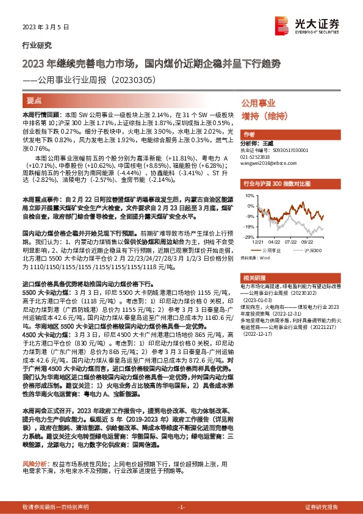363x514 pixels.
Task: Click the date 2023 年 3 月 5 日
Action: pyautogui.click(x=42, y=27)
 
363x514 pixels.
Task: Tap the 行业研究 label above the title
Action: pyautogui.click(x=37, y=46)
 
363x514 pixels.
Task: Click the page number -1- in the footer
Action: pyautogui.click(x=181, y=507)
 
